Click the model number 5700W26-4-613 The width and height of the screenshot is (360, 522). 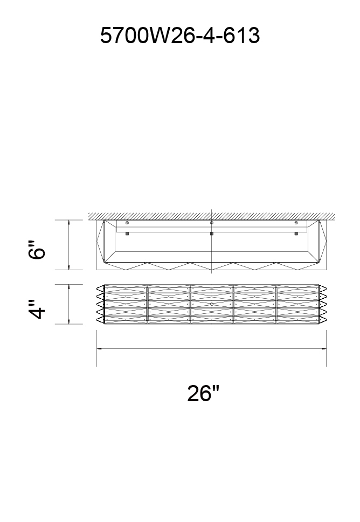coord(179,35)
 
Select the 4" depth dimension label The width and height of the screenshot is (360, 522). coord(37,310)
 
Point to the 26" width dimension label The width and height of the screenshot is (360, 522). coord(203,393)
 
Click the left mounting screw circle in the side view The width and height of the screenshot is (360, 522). coord(127,223)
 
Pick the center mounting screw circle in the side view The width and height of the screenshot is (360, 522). coord(212,223)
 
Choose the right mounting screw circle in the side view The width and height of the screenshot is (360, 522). coord(296,223)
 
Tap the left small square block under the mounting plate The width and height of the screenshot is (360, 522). coord(127,233)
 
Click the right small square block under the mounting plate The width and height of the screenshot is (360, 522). coord(296,233)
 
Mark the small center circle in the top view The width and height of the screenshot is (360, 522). coord(212,304)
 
